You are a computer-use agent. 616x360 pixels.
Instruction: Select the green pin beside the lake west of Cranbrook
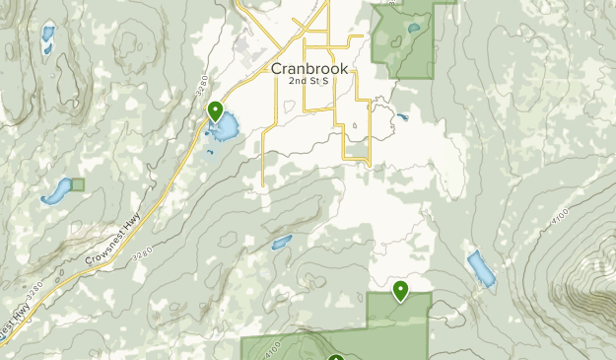point(215,111)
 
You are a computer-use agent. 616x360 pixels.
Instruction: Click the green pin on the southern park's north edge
point(401,290)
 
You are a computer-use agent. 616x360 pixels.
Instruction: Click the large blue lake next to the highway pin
point(225,127)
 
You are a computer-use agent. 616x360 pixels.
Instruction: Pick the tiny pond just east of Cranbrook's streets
point(402,118)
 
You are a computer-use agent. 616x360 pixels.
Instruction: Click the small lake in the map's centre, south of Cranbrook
point(281,242)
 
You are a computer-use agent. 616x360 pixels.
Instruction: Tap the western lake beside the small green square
point(56,190)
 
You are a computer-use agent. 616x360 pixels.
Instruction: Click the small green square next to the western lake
point(78,184)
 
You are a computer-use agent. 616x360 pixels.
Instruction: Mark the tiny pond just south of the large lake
point(210,152)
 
